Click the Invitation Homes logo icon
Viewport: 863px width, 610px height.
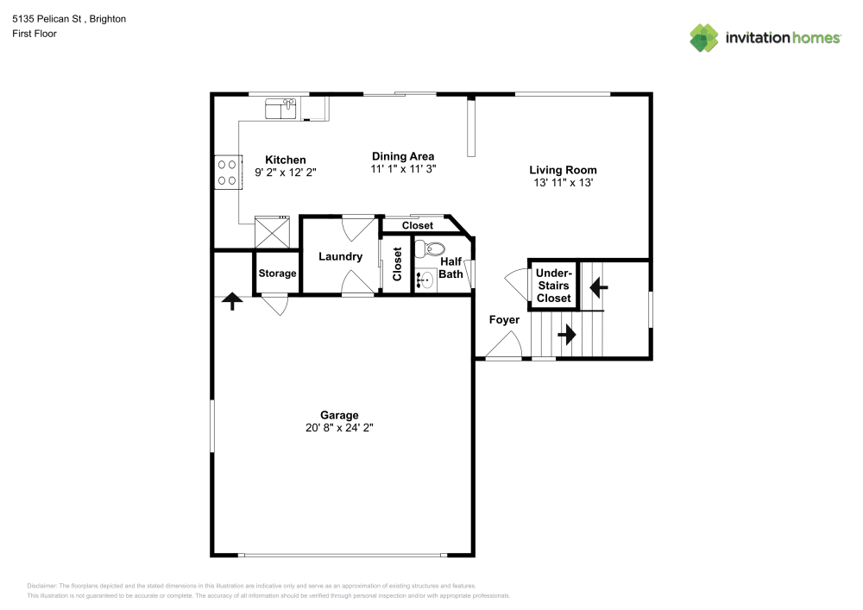click(703, 37)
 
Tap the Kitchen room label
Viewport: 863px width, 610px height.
click(285, 160)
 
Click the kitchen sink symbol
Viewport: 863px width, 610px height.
click(280, 108)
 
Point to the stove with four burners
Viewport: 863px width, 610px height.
click(228, 172)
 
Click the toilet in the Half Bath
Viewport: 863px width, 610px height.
click(426, 249)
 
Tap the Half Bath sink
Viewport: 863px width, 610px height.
click(425, 279)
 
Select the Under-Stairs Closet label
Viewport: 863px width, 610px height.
click(553, 286)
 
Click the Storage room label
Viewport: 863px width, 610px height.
click(277, 274)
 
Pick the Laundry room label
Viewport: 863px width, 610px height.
click(340, 256)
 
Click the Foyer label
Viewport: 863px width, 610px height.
click(504, 320)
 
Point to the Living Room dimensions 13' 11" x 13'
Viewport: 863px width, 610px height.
click(563, 182)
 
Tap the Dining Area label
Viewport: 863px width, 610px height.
click(403, 156)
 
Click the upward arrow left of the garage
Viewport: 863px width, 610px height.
click(231, 300)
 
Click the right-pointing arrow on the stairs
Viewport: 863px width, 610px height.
click(567, 333)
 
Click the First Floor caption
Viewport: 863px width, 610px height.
click(35, 34)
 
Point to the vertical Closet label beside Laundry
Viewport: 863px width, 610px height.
click(397, 264)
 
